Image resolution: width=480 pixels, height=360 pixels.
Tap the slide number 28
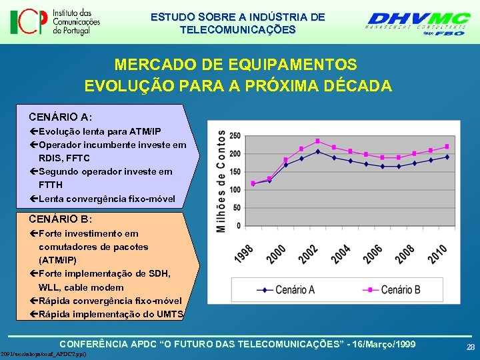(x=470, y=347)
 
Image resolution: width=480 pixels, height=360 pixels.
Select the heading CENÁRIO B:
(x=60, y=219)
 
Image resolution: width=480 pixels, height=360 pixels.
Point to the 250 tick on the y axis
(x=235, y=135)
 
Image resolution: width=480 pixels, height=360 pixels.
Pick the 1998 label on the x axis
(x=244, y=254)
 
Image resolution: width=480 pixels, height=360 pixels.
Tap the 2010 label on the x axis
(x=438, y=254)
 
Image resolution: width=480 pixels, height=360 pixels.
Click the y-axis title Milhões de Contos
(x=221, y=180)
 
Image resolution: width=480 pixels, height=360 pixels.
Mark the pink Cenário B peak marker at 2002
(x=317, y=141)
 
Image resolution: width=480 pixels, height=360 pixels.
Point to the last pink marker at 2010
(x=447, y=147)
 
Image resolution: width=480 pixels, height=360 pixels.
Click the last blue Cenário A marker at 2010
(x=447, y=157)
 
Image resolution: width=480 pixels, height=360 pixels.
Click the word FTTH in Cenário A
(x=51, y=185)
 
